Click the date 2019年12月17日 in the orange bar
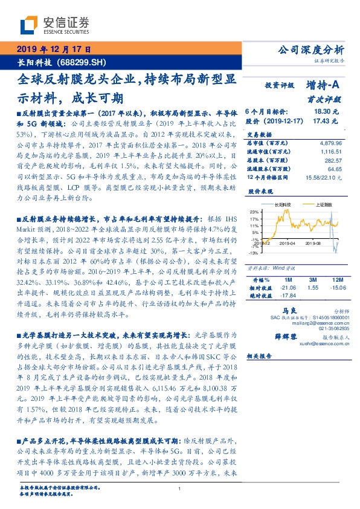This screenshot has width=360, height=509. click(x=53, y=49)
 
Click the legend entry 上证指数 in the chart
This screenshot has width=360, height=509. click(x=326, y=205)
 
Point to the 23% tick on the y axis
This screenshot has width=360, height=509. click(x=254, y=212)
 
